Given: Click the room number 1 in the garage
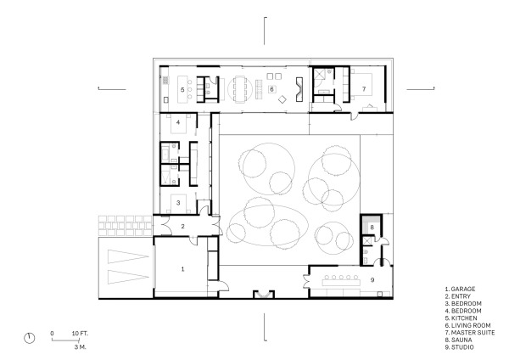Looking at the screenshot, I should coord(181,268).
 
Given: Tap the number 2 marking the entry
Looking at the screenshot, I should coord(182,226).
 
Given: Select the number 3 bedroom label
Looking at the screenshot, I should coord(178,203).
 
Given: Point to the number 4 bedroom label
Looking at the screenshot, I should coord(178,123).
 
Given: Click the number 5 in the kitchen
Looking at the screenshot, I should coord(182,88).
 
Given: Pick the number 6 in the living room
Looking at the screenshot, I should coord(271,88).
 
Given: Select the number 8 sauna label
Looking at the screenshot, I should coord(371,228).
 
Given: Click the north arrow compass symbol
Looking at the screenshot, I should coord(31,337).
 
